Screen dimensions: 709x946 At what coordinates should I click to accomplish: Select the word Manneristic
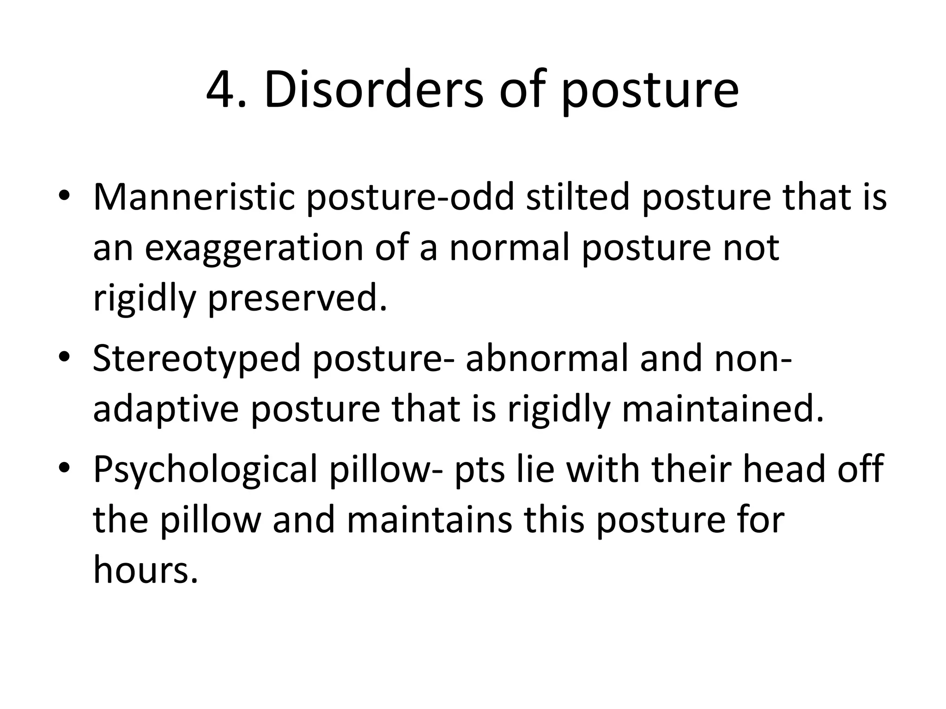(x=194, y=197)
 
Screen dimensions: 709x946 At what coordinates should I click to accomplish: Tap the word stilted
(x=577, y=197)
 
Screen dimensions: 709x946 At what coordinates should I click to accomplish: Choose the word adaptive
(x=166, y=410)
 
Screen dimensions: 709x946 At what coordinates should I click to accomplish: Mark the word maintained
(x=722, y=409)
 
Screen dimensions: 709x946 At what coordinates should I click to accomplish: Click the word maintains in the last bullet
(x=430, y=520)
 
